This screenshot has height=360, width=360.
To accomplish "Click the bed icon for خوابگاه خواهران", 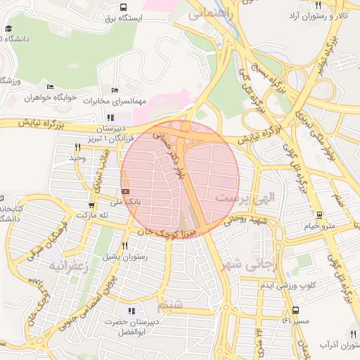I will click(49, 87).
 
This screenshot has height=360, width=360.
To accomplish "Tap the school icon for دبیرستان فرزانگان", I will click(110, 117).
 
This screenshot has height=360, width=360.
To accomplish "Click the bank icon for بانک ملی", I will click(125, 191).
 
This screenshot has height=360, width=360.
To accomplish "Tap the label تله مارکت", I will click(96, 214).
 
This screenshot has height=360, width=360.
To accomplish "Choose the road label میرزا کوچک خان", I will click(153, 229).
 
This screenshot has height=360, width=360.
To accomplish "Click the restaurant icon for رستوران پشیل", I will click(124, 245).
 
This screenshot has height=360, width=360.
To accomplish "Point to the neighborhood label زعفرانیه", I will click(66, 266).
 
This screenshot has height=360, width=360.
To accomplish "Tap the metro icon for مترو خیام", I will click(320, 215).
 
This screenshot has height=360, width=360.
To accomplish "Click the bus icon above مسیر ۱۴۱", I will click(295, 309).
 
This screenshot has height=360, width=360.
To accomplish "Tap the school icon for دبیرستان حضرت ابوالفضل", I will click(131, 310).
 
